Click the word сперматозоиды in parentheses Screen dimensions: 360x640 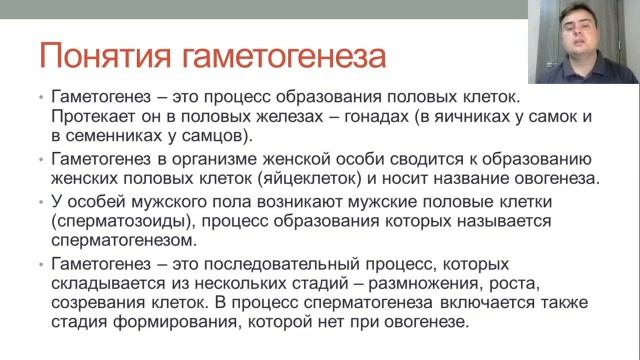pyautogui.click(x=115, y=222)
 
